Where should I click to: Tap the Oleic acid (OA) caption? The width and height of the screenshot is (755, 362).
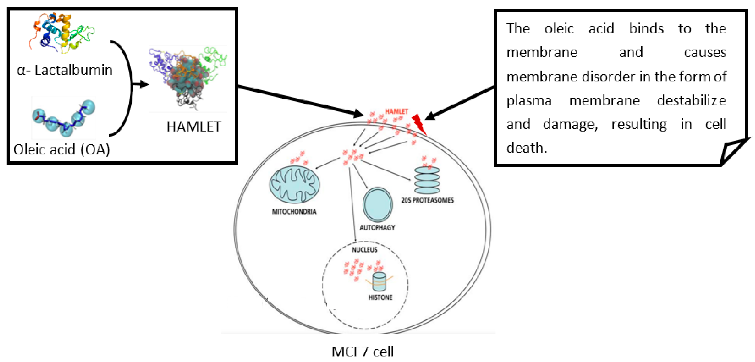pos(62,149)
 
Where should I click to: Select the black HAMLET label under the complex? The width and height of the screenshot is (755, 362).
pos(194,127)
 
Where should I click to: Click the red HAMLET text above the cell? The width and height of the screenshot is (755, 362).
pos(396,111)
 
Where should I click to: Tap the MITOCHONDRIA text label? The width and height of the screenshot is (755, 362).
pos(294,211)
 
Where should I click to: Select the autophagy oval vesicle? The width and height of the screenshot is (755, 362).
pos(378,204)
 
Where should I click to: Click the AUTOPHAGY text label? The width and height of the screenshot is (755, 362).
pos(377,227)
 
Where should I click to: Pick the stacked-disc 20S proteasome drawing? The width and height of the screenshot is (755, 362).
pos(427,180)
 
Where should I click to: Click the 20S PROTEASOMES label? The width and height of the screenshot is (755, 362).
pos(427,200)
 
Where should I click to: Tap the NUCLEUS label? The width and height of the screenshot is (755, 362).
pos(364,250)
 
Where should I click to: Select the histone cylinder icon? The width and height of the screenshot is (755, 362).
pos(379,281)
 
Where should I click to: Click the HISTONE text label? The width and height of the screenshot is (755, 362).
pos(380,297)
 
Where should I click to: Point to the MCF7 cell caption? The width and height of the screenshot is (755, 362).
pos(362,351)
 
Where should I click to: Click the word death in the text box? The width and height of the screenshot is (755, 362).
pos(526,147)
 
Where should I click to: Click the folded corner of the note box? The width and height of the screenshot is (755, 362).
pos(733,151)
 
